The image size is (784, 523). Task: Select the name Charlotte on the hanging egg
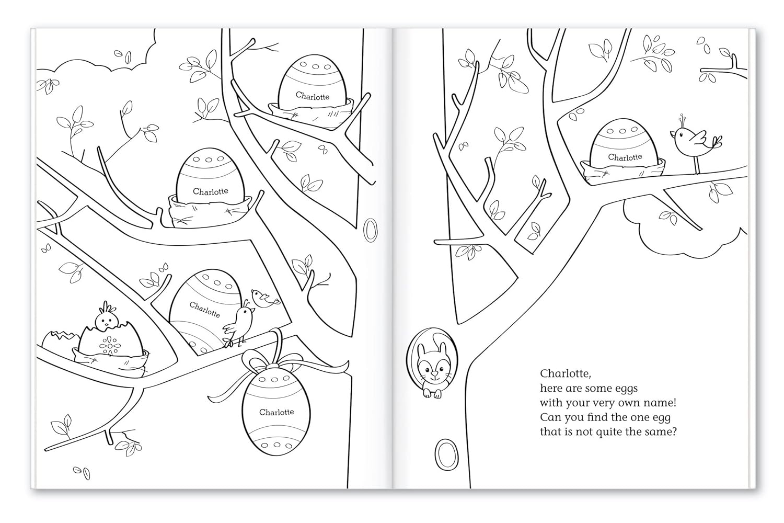(276, 412)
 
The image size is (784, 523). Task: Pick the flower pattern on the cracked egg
(108, 346)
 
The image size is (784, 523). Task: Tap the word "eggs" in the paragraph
(624, 388)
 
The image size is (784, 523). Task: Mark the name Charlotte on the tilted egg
(204, 310)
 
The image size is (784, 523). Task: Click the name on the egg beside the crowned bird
(625, 157)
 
